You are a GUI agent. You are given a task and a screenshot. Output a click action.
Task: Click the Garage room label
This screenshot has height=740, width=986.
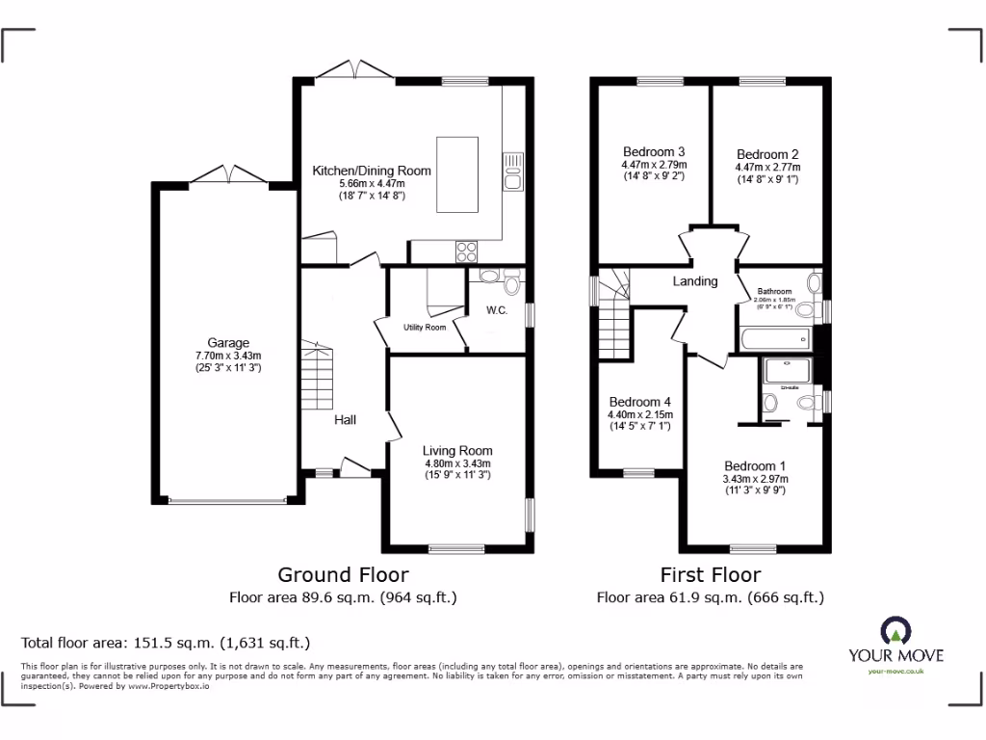[228, 342]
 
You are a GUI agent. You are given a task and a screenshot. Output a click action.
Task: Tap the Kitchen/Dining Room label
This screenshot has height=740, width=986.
[371, 171]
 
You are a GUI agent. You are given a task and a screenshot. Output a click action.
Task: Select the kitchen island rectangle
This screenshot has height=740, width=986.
[458, 174]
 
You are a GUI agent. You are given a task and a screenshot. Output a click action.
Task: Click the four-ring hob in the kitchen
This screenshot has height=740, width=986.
[466, 251]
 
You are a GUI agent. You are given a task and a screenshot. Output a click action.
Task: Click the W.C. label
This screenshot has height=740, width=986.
[497, 310]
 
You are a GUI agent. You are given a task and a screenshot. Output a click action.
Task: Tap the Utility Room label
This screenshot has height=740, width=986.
[424, 328]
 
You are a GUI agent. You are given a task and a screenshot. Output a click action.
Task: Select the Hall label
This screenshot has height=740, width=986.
[345, 420]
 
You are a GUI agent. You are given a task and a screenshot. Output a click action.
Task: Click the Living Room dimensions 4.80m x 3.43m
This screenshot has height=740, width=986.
[457, 463]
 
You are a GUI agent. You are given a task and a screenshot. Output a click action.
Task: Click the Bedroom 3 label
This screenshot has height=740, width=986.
[654, 151]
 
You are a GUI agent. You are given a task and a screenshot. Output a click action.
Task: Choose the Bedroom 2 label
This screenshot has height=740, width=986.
[767, 154]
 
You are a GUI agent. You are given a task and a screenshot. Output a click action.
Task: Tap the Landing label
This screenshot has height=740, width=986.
[694, 281]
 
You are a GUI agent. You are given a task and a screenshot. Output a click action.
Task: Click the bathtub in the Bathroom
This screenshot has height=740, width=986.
[776, 338]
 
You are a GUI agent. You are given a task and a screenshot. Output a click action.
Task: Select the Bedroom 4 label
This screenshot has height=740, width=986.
[639, 402]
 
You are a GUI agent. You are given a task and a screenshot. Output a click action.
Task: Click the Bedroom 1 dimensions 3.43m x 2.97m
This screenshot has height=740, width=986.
[756, 478]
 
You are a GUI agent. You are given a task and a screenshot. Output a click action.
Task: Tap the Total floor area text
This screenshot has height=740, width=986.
[166, 643]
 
